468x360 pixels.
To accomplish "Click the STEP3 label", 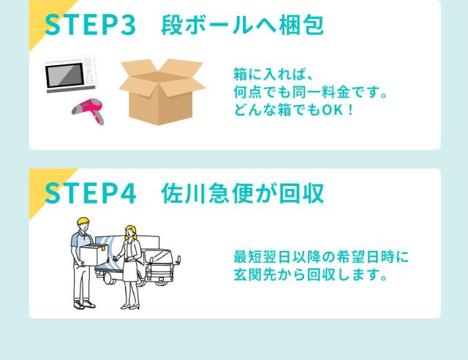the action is pyautogui.click(x=91, y=25).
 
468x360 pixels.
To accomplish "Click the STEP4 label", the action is pyautogui.click(x=91, y=193).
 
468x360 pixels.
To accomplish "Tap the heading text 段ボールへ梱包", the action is pyautogui.click(x=242, y=25).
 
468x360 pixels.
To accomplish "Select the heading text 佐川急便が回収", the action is pyautogui.click(x=242, y=193).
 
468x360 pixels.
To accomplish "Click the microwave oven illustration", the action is pyautogui.click(x=70, y=74).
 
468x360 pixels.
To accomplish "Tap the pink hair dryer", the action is pyautogui.click(x=88, y=110).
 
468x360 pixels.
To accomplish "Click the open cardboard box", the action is pyautogui.click(x=162, y=91).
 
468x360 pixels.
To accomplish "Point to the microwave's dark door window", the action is pyautogui.click(x=64, y=75).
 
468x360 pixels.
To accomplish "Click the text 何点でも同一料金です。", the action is pyautogui.click(x=310, y=92).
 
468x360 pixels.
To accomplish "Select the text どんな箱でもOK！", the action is pyautogui.click(x=294, y=110).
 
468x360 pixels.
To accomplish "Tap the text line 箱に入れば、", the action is pyautogui.click(x=273, y=74).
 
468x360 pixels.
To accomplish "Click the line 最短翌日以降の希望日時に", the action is pyautogui.click(x=321, y=257).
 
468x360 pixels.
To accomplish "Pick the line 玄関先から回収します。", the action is pyautogui.click(x=310, y=274).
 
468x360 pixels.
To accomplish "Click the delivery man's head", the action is pyautogui.click(x=83, y=224).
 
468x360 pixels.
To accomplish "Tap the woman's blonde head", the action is pyautogui.click(x=131, y=233).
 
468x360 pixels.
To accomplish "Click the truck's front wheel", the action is pyautogui.click(x=162, y=280).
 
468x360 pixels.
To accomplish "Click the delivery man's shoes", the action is pyautogui.click(x=85, y=304).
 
